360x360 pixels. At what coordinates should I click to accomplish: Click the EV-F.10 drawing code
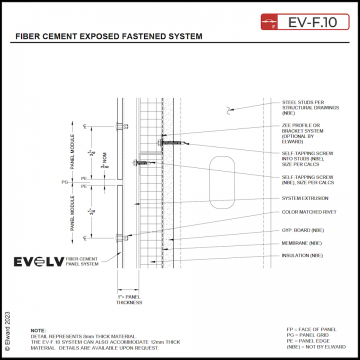[x=311, y=20]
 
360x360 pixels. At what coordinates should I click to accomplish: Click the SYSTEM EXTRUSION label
[x=304, y=198]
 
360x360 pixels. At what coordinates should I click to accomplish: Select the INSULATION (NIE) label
[x=303, y=256]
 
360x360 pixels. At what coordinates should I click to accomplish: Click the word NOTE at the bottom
[x=38, y=329]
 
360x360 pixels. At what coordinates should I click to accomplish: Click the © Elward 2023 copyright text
[x=8, y=320]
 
